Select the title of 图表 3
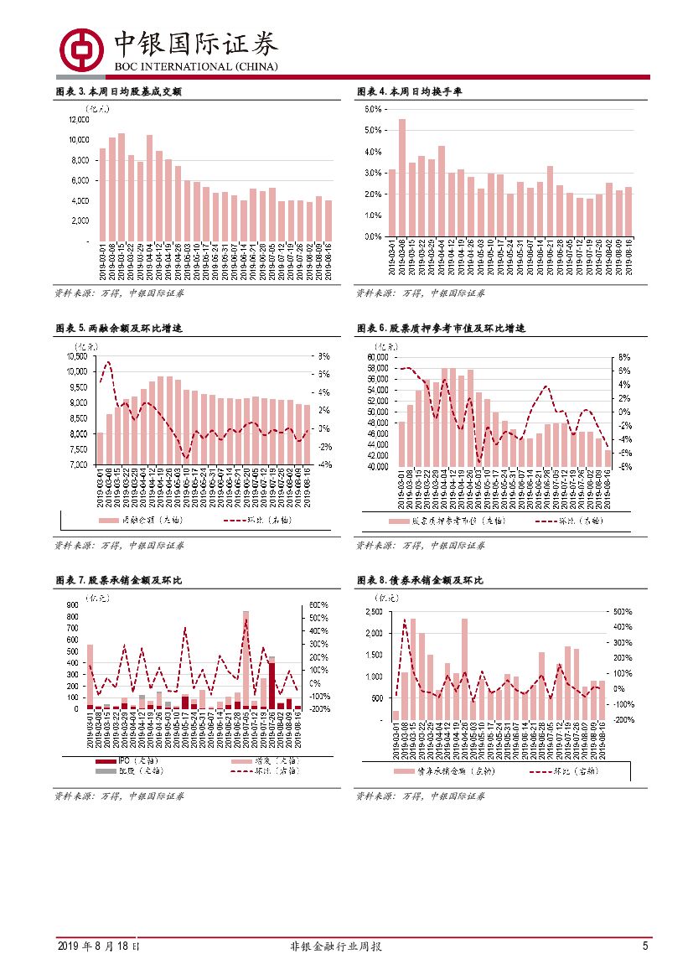[x=118, y=91]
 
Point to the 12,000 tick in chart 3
[x=78, y=120]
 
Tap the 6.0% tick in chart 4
[x=372, y=110]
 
